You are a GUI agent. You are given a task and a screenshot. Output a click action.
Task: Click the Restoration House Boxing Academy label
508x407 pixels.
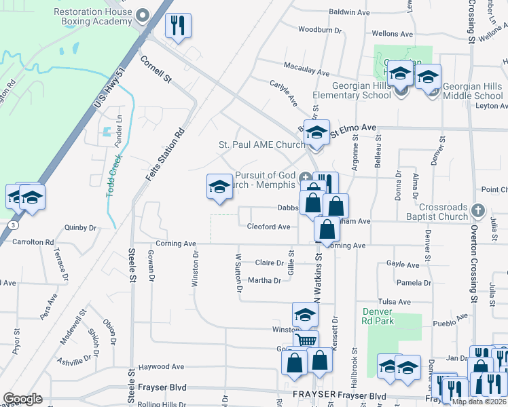click(x=92, y=16)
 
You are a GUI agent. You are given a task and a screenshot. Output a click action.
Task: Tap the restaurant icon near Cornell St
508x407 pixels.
click(x=179, y=26)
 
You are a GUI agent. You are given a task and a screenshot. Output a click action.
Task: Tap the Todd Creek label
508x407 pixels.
click(x=114, y=176)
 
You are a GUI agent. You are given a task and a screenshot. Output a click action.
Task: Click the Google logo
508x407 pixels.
click(x=22, y=399)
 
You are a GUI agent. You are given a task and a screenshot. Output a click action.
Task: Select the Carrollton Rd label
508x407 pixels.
click(x=31, y=241)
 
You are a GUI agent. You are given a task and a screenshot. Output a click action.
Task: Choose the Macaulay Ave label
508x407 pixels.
click(x=306, y=73)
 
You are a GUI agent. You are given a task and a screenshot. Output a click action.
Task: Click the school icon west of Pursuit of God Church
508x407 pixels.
click(x=219, y=187)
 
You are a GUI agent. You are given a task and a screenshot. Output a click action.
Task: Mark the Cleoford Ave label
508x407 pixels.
click(x=268, y=227)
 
